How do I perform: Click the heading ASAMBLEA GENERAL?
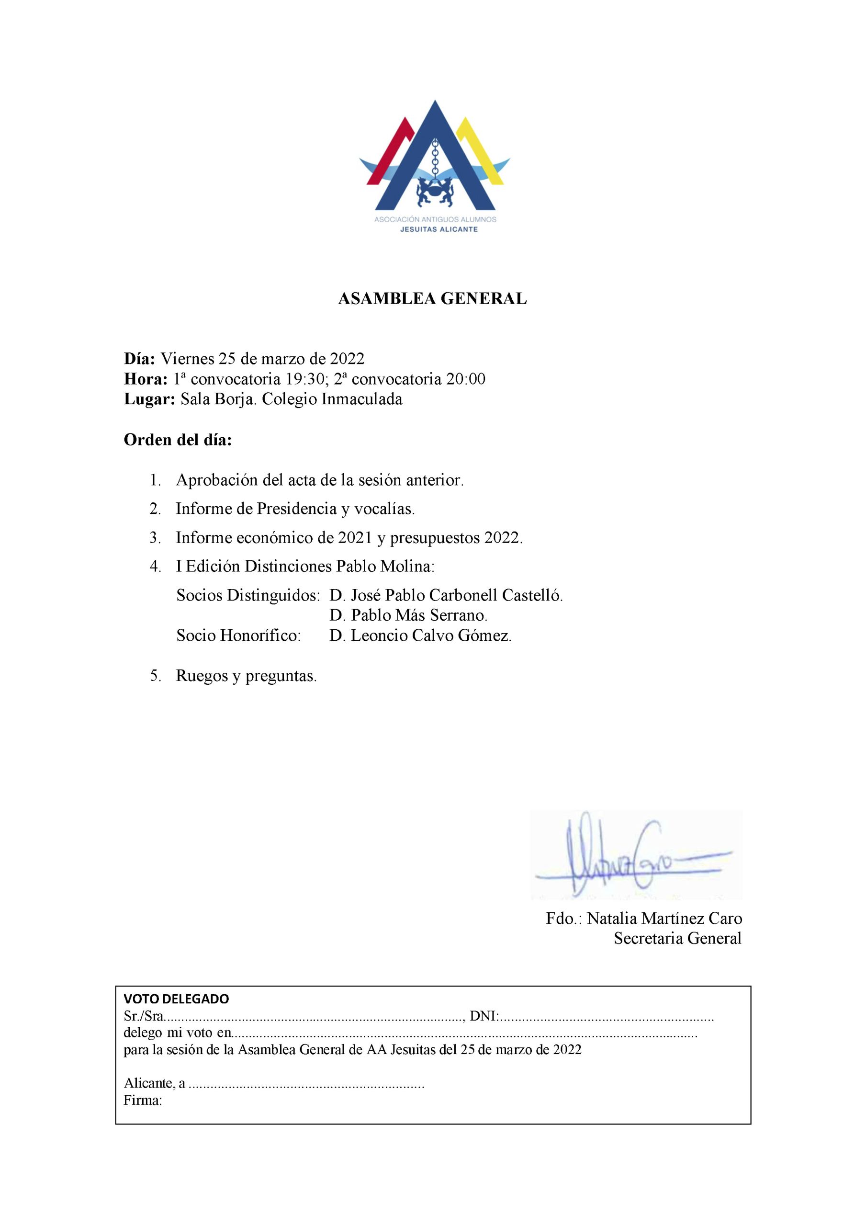point(432,299)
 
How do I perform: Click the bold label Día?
point(140,358)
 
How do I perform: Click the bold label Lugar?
point(149,399)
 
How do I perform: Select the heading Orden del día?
point(178,441)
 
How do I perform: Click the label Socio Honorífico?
point(239,636)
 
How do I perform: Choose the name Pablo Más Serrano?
point(418,616)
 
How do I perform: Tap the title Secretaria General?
point(677,938)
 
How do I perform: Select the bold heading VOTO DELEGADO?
point(176,999)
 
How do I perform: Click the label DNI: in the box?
point(483,1016)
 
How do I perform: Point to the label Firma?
point(143,1101)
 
